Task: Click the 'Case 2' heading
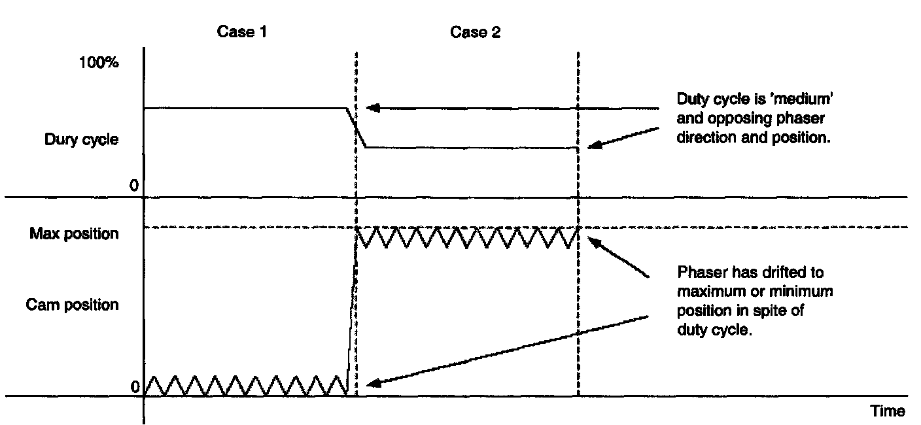tap(475, 32)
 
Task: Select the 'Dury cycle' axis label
tap(82, 139)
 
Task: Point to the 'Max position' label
tap(74, 233)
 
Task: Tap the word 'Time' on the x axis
tap(888, 411)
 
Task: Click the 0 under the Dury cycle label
tap(133, 186)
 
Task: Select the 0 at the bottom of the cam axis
tap(135, 388)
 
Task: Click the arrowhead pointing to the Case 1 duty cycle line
tap(371, 109)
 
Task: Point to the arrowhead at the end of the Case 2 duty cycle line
tap(592, 146)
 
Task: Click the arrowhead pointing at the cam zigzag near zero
tap(371, 384)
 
